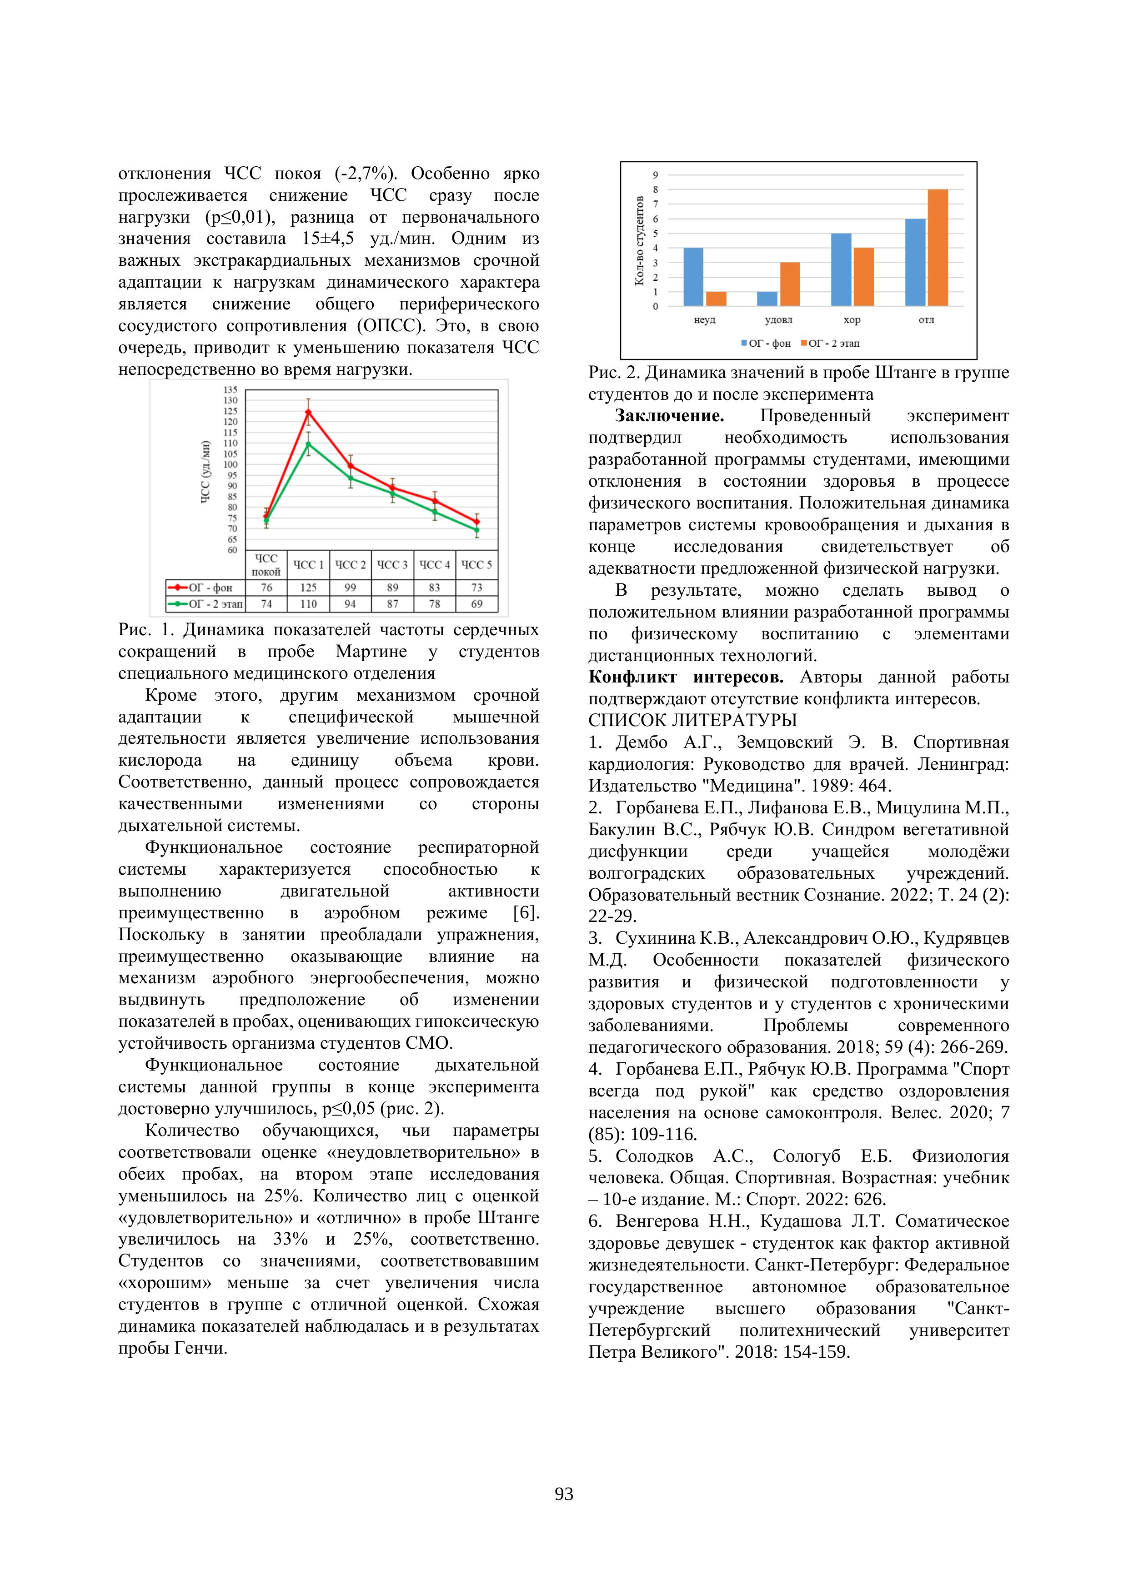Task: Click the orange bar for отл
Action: click(x=937, y=248)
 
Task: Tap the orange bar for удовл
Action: click(x=790, y=284)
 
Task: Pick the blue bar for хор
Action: click(x=841, y=269)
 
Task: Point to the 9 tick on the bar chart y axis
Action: click(x=655, y=175)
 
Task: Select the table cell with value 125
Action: click(x=308, y=588)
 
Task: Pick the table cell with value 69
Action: click(x=476, y=604)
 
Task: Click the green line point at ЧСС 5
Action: click(x=476, y=530)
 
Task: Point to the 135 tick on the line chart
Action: click(x=230, y=390)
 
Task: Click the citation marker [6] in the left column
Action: click(x=526, y=913)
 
